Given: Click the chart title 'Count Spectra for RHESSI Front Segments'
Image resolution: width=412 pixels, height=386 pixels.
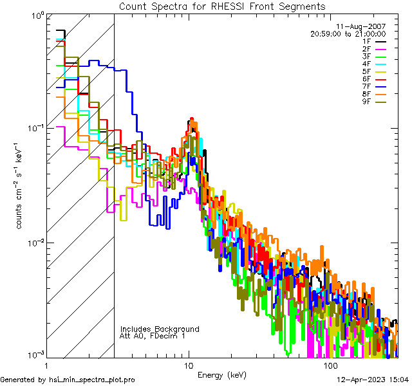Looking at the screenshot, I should (x=222, y=6).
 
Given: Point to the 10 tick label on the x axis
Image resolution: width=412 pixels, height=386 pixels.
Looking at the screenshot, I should (x=188, y=365).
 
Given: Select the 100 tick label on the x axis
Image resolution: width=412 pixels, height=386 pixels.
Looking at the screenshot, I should (x=330, y=365).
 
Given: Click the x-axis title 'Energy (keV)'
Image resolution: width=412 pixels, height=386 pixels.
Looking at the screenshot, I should (x=222, y=374).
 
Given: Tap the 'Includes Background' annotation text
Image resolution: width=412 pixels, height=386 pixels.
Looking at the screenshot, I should (x=160, y=329).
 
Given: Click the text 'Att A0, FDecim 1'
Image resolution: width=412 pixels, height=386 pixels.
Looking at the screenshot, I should (x=153, y=336).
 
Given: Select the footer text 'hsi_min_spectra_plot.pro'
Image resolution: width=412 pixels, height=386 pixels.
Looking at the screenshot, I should (x=92, y=380).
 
